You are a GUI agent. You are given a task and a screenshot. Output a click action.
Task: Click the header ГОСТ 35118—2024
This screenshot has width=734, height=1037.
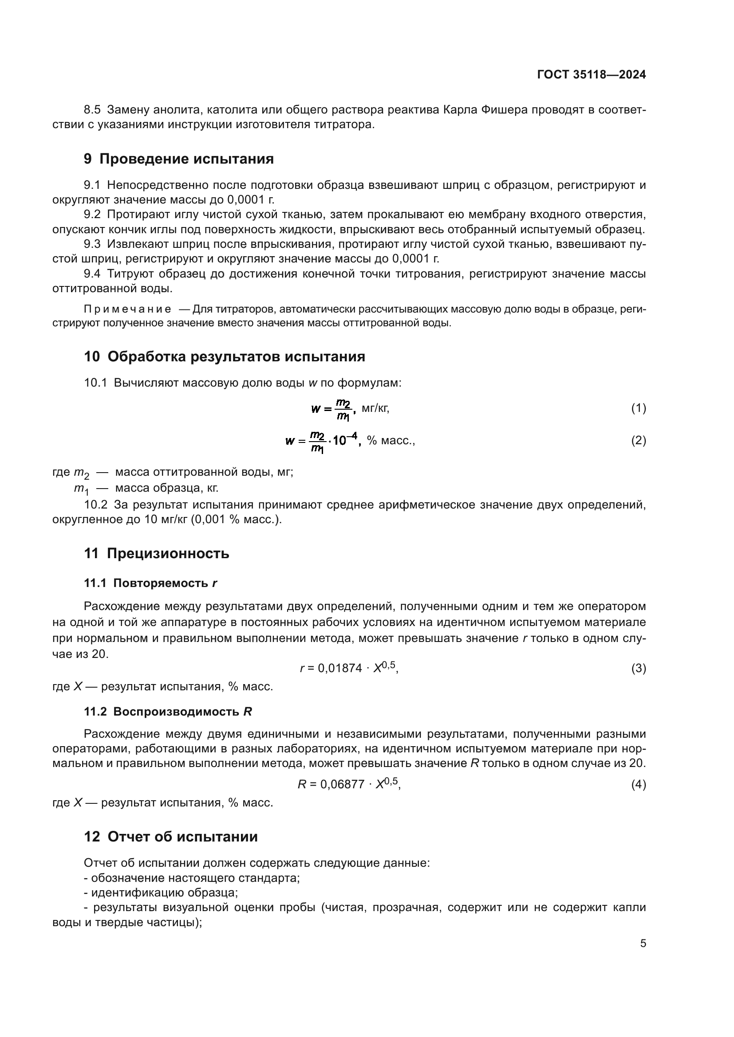tap(591, 74)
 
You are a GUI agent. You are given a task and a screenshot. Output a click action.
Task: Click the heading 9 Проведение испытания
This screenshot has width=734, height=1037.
tap(178, 159)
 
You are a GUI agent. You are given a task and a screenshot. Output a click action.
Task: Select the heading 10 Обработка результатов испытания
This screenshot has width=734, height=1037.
tap(224, 356)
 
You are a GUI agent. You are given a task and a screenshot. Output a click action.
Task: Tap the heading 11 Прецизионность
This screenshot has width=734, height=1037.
tap(156, 553)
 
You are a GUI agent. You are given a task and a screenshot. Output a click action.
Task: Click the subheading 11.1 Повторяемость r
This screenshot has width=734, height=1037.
tap(150, 583)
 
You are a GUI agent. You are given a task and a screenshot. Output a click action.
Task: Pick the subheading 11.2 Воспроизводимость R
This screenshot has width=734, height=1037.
tap(168, 712)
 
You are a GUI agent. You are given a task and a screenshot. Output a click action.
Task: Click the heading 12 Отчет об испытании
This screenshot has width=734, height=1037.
tap(171, 837)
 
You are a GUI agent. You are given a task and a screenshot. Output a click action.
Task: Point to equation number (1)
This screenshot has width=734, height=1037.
tap(638, 408)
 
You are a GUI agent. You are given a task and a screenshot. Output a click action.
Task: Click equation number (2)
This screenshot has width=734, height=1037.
tap(638, 440)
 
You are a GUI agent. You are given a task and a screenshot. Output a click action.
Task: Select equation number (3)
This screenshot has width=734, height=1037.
tap(638, 668)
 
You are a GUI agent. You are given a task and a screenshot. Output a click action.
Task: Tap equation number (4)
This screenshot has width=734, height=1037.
tap(638, 785)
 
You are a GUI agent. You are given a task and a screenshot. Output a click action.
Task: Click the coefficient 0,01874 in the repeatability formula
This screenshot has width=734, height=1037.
tap(340, 669)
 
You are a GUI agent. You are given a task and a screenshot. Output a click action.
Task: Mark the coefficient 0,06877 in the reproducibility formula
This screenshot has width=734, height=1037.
tap(342, 785)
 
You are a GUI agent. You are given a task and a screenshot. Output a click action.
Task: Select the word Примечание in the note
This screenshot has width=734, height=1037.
tap(127, 309)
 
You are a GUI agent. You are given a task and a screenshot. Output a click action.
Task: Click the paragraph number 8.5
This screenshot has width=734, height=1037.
tap(92, 110)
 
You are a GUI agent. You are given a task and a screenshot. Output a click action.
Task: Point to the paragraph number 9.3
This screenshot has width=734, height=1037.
tap(92, 244)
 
